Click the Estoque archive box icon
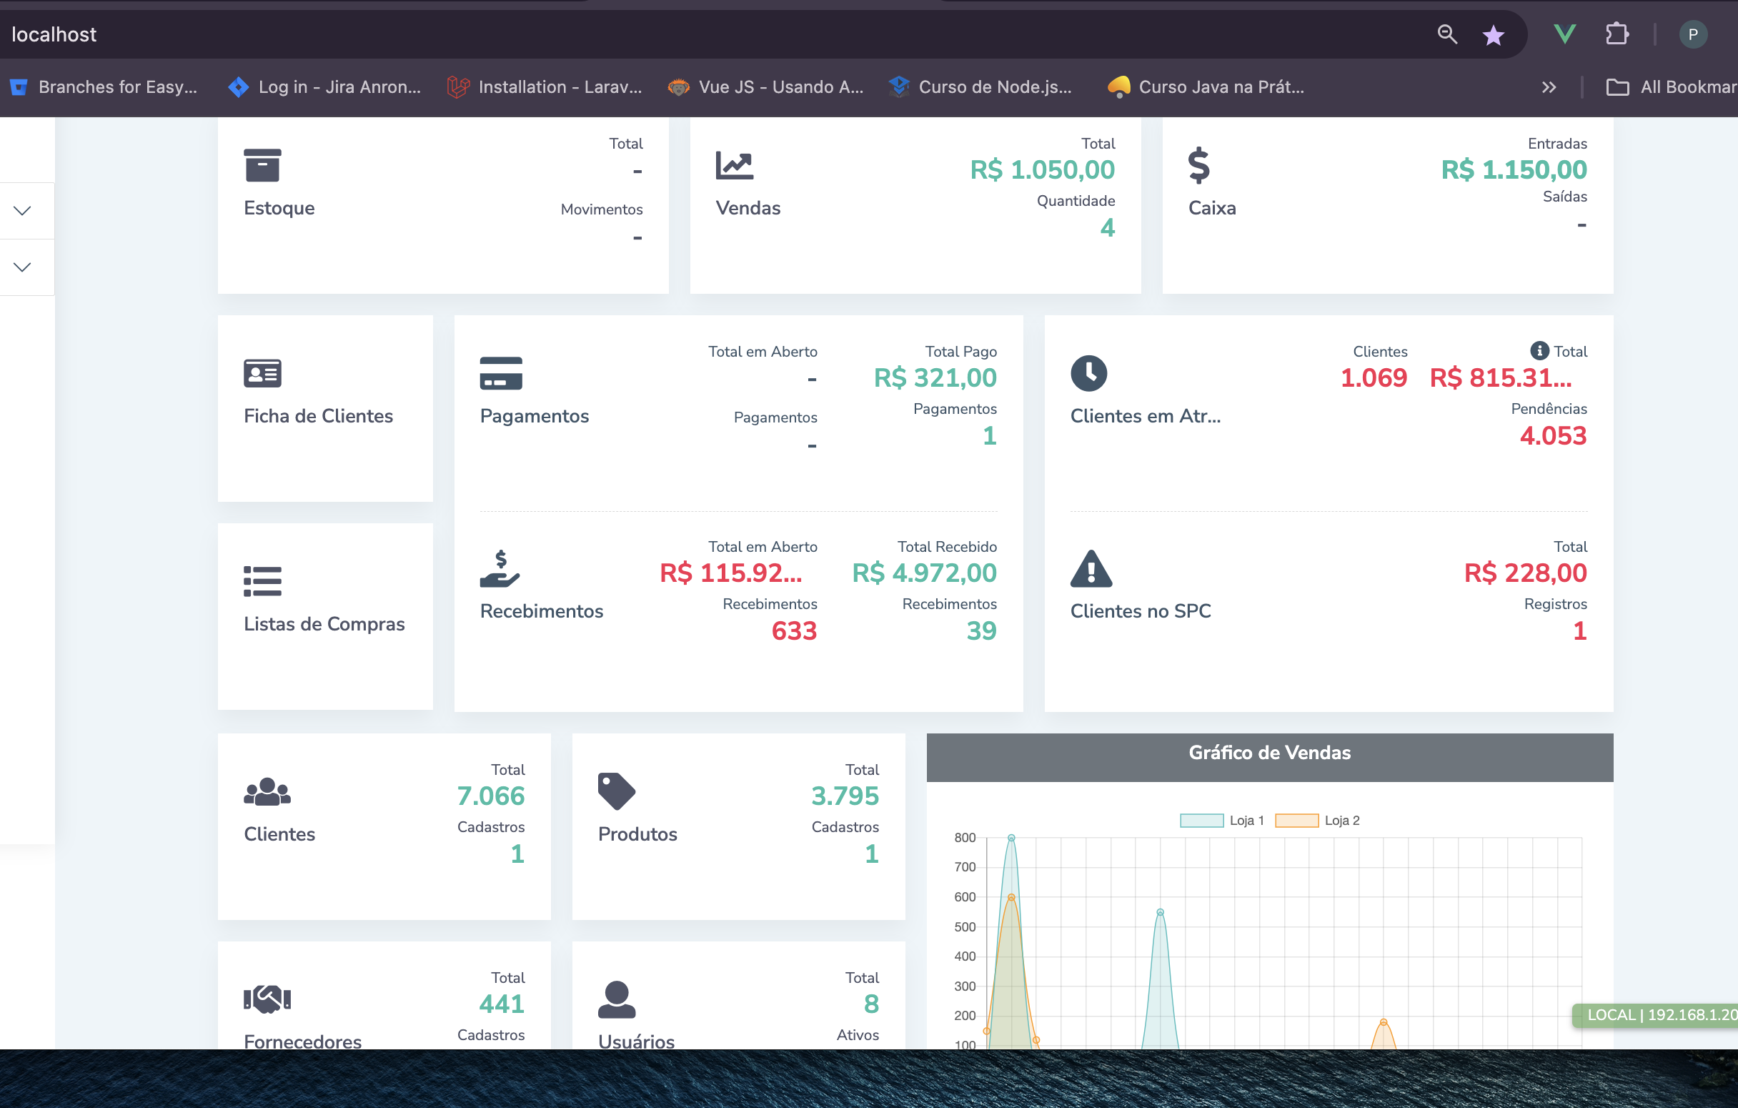[x=262, y=165]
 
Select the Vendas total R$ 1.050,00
[x=1041, y=170]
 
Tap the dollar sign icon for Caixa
[x=1198, y=165]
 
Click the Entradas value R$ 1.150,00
[x=1514, y=170]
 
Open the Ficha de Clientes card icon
[x=262, y=373]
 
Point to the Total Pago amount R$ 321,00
[x=935, y=378]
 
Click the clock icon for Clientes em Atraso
[x=1088, y=373]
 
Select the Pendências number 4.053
[x=1552, y=436]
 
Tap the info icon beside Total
[x=1539, y=351]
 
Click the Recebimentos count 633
[x=793, y=631]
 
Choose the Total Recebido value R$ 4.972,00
[x=924, y=573]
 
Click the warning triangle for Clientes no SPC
[x=1091, y=569]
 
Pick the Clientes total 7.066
[x=490, y=796]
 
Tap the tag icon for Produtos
[x=617, y=791]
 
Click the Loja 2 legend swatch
[x=1296, y=821]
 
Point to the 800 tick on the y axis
[x=964, y=838]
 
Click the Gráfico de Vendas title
[x=1269, y=753]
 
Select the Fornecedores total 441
[x=501, y=1004]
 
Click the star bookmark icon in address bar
[x=1493, y=34]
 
